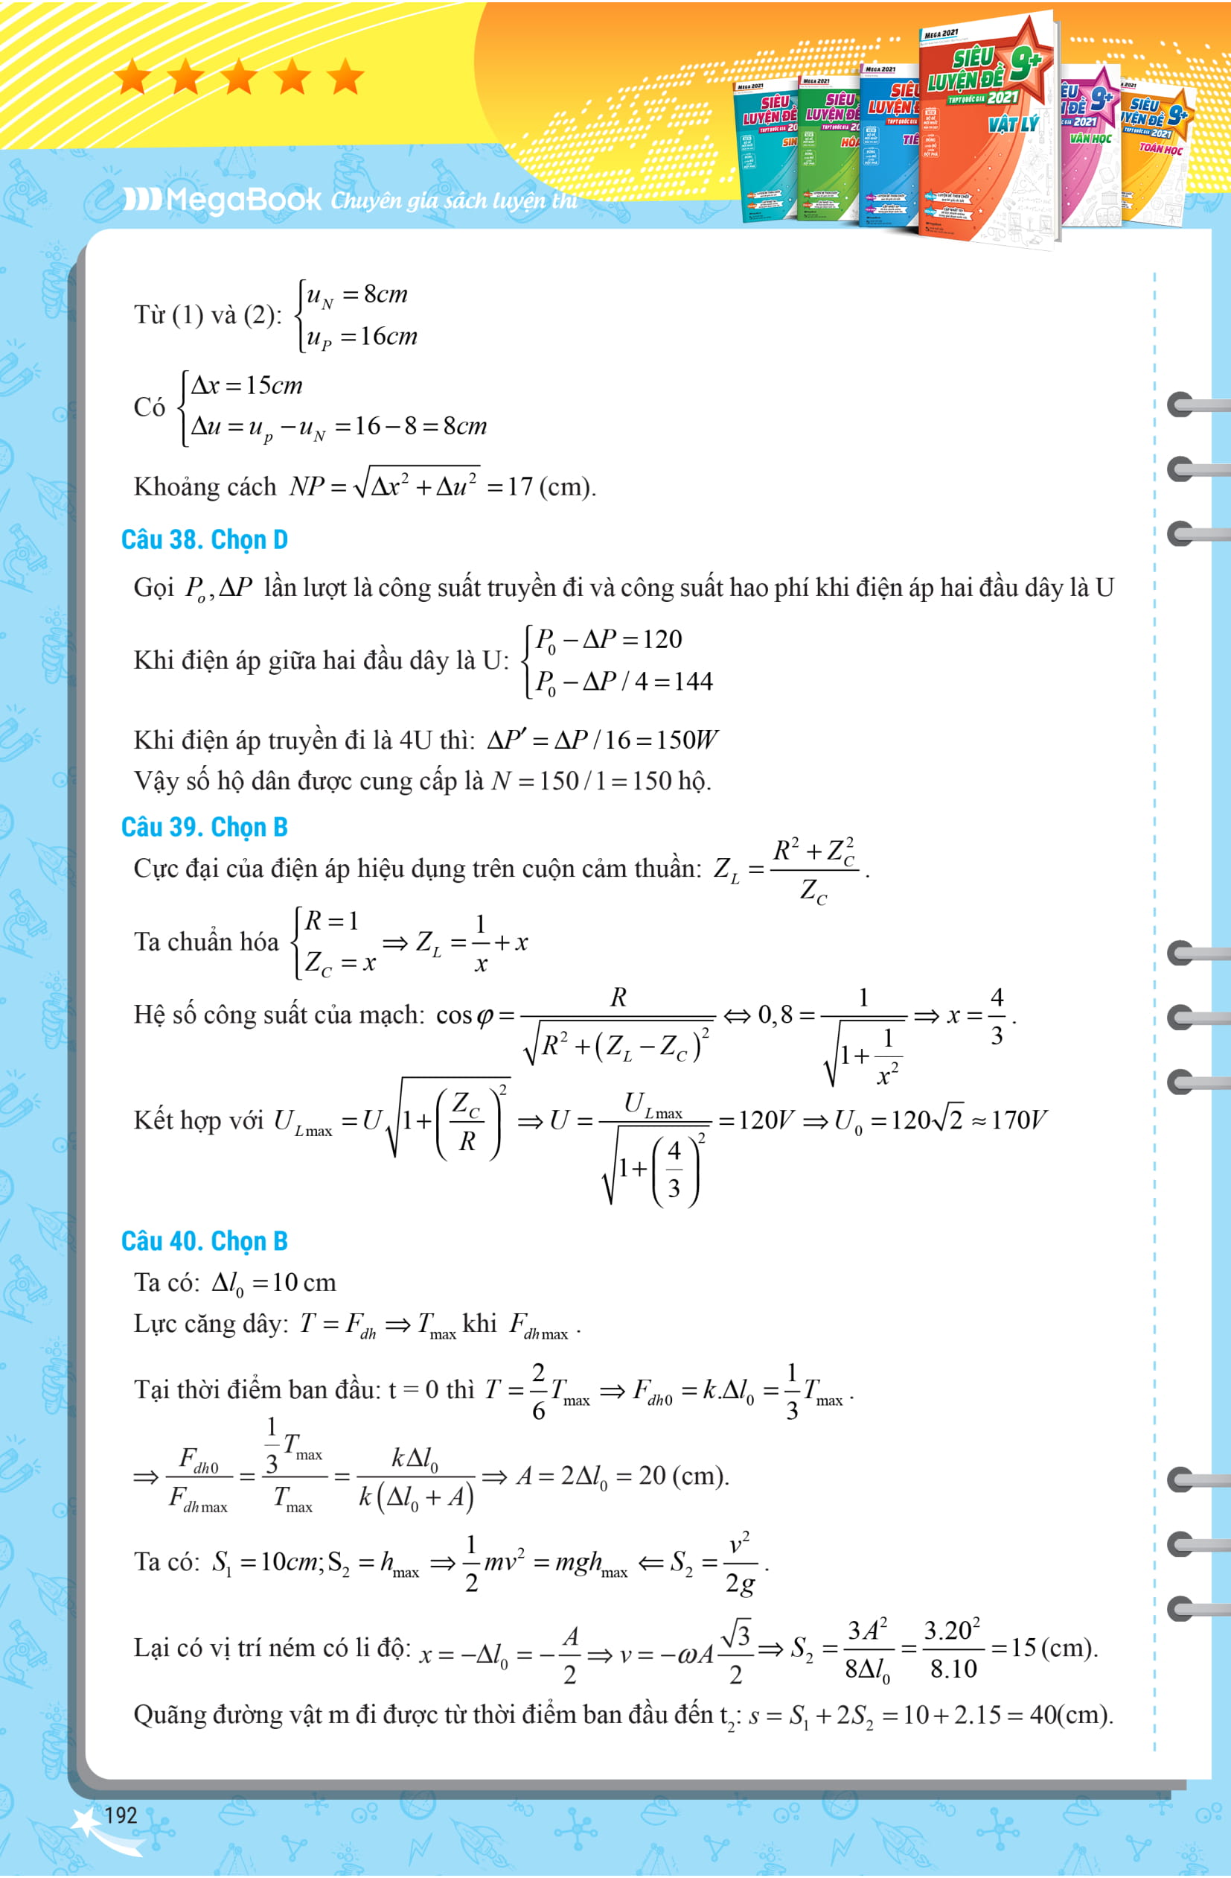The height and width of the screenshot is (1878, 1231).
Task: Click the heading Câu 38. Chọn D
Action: pos(204,540)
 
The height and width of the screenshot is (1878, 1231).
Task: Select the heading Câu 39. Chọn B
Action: pos(204,827)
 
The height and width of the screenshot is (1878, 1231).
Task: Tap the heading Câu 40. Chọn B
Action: pos(204,1241)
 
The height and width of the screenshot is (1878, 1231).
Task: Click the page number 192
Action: pos(121,1815)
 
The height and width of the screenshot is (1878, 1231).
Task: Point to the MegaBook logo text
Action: pos(223,200)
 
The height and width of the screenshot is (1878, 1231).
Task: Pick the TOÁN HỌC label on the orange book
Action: pos(1161,148)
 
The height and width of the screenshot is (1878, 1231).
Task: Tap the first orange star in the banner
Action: pos(132,78)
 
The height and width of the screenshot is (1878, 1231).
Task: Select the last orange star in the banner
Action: pos(345,78)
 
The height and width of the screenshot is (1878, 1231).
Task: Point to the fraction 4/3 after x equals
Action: pos(997,1016)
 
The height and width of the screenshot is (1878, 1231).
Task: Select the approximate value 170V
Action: pos(1020,1120)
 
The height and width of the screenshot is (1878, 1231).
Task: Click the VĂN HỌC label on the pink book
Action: pos(1090,139)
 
